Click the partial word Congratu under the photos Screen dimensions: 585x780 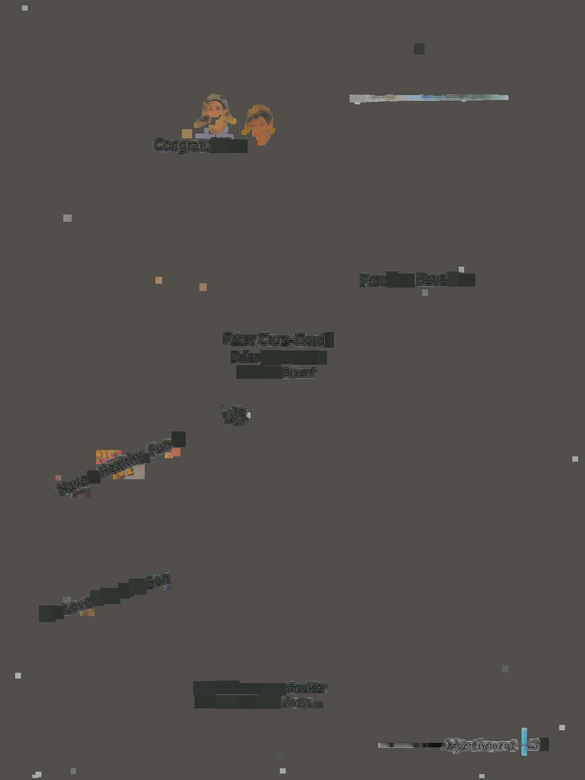tap(181, 145)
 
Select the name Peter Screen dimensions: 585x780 tap(239, 339)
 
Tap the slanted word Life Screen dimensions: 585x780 tap(234, 415)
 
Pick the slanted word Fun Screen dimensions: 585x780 tap(161, 447)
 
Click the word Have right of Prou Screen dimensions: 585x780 tap(431, 280)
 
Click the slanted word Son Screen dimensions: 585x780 tap(158, 581)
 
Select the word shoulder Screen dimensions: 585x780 tap(306, 687)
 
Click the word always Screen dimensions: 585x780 tap(297, 703)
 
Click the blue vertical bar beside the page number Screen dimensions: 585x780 tap(524, 741)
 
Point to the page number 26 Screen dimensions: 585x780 tap(534, 745)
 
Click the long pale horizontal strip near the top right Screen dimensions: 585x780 tap(429, 98)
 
